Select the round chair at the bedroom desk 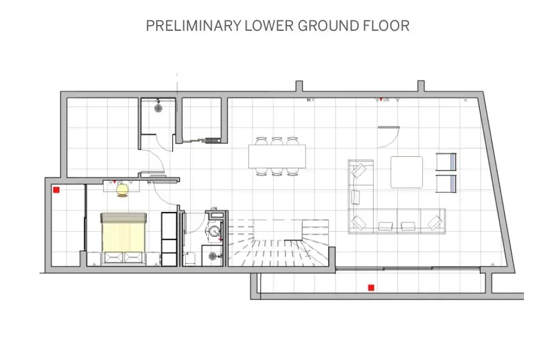122,189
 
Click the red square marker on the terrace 370,287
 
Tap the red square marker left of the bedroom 56,189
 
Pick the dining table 277,156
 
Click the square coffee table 406,172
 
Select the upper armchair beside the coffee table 446,163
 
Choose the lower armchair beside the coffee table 446,183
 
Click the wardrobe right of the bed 168,239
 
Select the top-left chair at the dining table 261,141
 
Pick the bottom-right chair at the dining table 292,171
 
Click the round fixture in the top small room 158,107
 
